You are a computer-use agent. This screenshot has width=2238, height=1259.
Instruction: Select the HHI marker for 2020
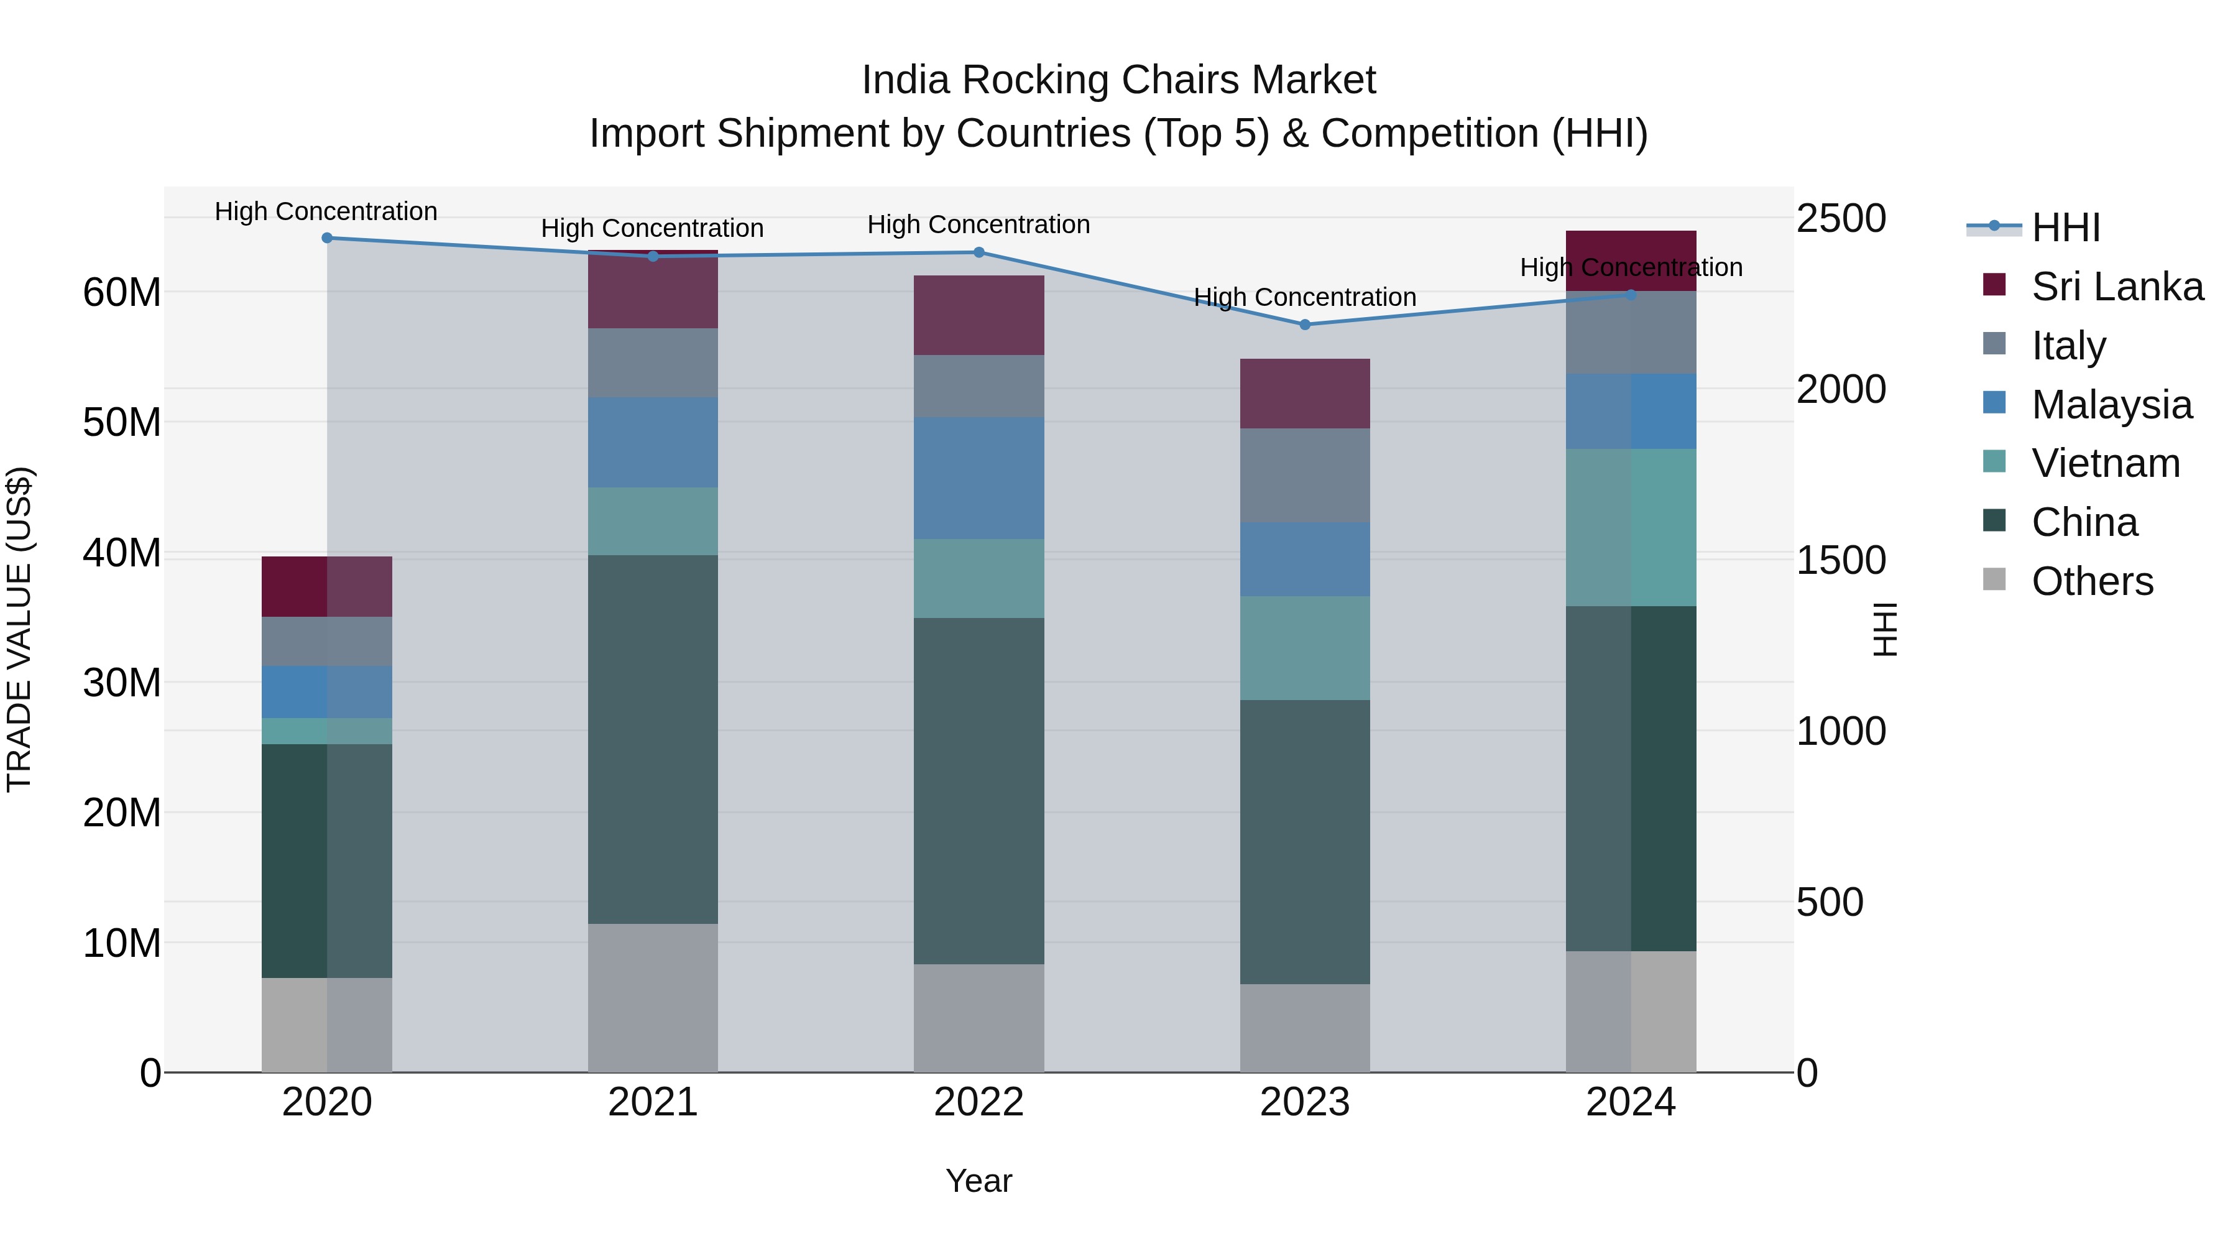tap(326, 238)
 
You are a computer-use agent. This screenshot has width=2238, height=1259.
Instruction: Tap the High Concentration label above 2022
tap(979, 225)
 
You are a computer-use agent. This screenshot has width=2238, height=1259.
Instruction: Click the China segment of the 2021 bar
tap(653, 739)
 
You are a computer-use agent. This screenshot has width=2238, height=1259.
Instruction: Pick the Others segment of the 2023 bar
tap(1304, 1028)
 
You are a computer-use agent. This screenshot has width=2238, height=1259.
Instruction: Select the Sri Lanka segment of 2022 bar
tap(979, 315)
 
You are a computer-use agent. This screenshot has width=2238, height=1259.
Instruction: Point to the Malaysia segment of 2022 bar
tap(979, 478)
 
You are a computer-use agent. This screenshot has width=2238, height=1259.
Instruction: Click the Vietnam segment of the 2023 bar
tap(1304, 648)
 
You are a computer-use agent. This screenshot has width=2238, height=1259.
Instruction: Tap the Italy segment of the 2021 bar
tap(653, 363)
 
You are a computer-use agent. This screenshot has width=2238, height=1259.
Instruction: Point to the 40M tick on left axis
tap(122, 553)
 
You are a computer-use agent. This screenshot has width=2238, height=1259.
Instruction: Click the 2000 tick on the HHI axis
tap(1840, 389)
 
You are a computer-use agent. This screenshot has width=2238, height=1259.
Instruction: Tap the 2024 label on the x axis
tap(1630, 1102)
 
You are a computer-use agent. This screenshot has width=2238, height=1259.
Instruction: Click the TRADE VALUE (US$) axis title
tap(19, 629)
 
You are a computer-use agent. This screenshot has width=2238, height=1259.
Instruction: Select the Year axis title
tap(979, 1181)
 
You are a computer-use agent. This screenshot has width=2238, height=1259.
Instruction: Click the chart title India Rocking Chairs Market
tap(1118, 80)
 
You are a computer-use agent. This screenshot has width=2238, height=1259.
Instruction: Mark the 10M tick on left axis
tap(122, 943)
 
